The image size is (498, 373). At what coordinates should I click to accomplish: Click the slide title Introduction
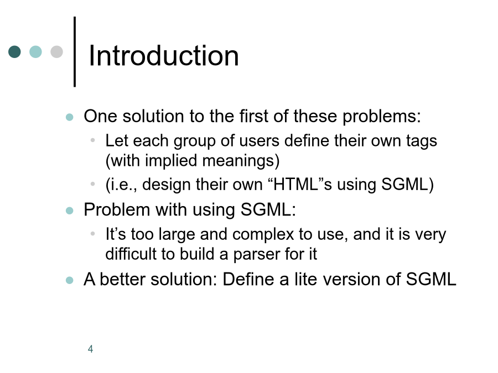pyautogui.click(x=164, y=56)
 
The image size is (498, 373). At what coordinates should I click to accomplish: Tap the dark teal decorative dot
pyautogui.click(x=14, y=52)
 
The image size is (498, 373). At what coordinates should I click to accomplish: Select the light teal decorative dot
pyautogui.click(x=35, y=52)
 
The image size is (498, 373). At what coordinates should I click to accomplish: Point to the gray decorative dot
pyautogui.click(x=56, y=52)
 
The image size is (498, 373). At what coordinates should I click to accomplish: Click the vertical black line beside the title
pyautogui.click(x=75, y=52)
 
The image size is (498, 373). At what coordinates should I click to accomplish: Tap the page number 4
pyautogui.click(x=91, y=349)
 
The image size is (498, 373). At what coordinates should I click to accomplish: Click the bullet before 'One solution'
pyautogui.click(x=70, y=117)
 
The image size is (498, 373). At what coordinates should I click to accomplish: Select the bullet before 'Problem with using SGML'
pyautogui.click(x=70, y=211)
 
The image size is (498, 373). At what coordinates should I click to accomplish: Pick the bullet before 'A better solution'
pyautogui.click(x=70, y=280)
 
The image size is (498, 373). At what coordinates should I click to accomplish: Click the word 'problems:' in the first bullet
pyautogui.click(x=381, y=117)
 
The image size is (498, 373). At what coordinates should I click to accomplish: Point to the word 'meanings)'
pyautogui.click(x=241, y=161)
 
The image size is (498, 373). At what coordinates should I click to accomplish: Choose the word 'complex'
pyautogui.click(x=263, y=235)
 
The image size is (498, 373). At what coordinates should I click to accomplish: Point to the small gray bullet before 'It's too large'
pyautogui.click(x=93, y=234)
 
